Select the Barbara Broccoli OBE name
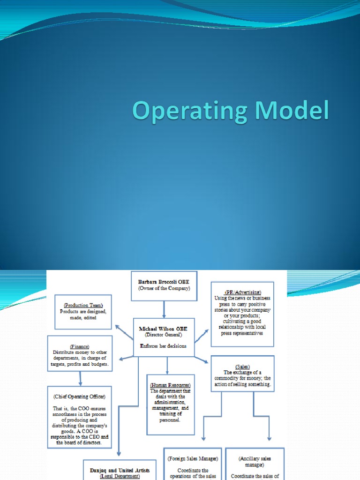click(164, 282)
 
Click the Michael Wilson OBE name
click(164, 329)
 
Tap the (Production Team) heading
click(83, 305)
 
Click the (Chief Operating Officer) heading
click(80, 397)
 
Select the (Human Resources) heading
click(170, 385)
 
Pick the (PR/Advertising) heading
click(242, 292)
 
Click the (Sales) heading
click(242, 366)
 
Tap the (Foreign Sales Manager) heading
click(192, 458)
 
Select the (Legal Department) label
click(120, 476)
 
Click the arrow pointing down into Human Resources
click(167, 366)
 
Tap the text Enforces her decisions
click(163, 345)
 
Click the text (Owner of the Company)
click(164, 288)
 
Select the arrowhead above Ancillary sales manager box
click(269, 439)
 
